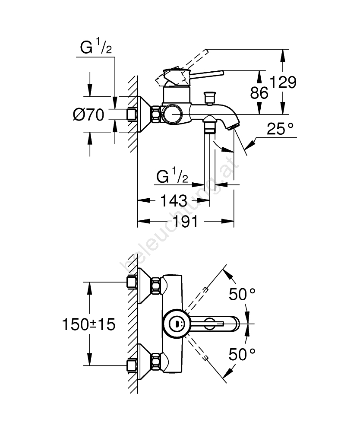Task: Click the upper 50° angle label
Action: [242, 295]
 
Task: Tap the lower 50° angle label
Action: [242, 355]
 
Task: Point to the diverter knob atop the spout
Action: [210, 98]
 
